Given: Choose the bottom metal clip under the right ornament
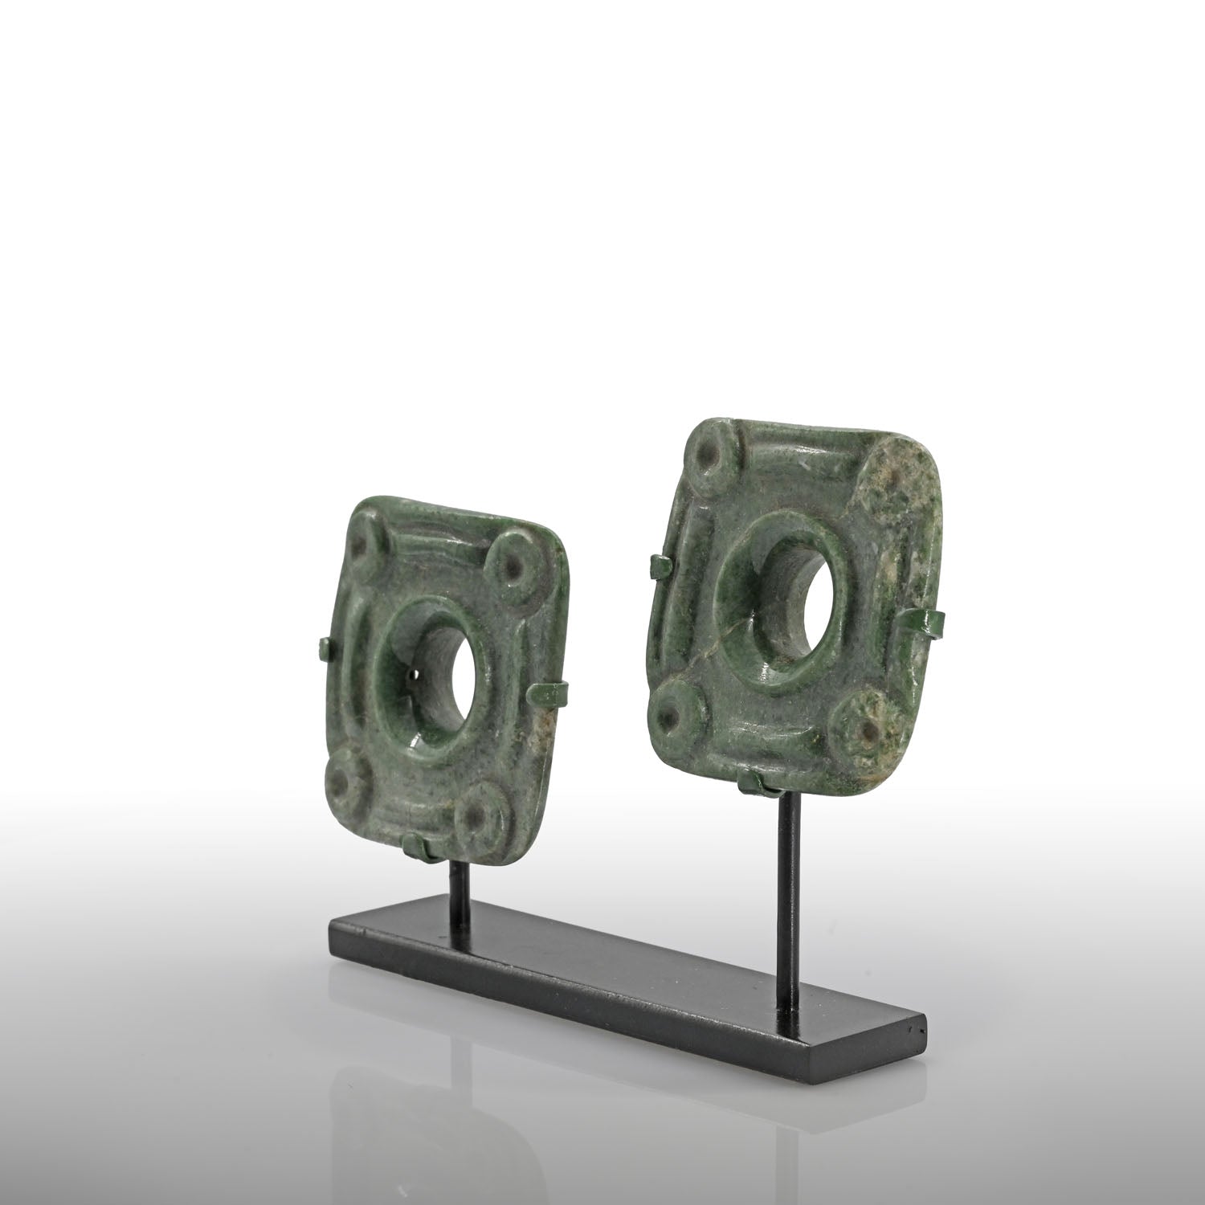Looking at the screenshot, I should click(x=752, y=779).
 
